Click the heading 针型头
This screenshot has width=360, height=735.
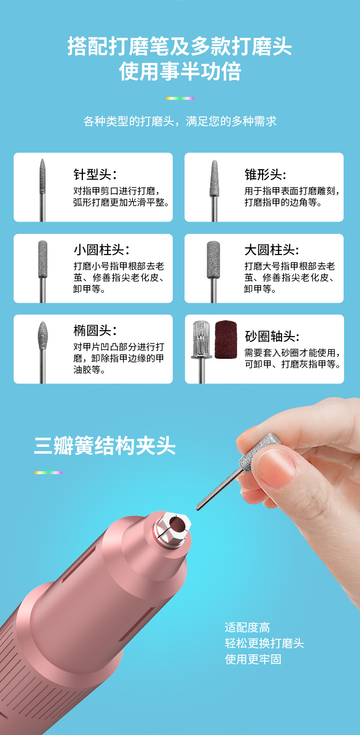click(95, 174)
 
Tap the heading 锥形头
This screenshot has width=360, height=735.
click(265, 174)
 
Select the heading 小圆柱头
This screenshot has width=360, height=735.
click(101, 250)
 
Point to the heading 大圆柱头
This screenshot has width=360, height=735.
click(272, 250)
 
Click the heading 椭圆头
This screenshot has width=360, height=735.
click(95, 330)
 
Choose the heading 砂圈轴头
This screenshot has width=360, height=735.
click(272, 336)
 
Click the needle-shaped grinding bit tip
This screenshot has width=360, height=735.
click(42, 173)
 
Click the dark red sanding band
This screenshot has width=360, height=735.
click(226, 339)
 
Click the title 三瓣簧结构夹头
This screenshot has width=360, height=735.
click(105, 446)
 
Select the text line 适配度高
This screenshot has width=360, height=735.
click(247, 627)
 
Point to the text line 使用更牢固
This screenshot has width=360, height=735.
click(253, 659)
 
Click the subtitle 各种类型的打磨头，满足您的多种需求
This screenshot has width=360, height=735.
click(180, 121)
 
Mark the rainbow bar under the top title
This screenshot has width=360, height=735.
click(180, 98)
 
